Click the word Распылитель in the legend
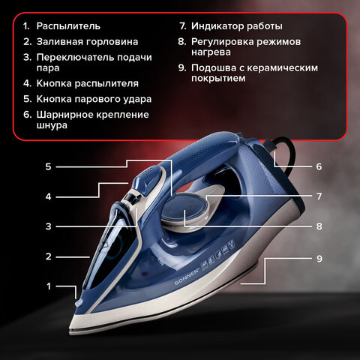(68, 26)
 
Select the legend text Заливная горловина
(87, 42)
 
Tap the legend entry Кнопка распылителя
(88, 83)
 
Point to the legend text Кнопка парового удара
(94, 99)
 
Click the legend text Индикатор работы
(237, 26)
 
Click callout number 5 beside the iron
(48, 166)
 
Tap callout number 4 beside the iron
(48, 196)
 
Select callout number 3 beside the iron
(48, 226)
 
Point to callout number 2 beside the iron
(48, 256)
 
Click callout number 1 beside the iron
(49, 286)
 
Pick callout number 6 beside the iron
(319, 166)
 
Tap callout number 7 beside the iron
(319, 196)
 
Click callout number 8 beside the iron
(319, 226)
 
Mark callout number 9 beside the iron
(319, 259)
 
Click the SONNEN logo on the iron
(187, 277)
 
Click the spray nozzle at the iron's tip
(78, 303)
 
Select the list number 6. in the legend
(28, 115)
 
